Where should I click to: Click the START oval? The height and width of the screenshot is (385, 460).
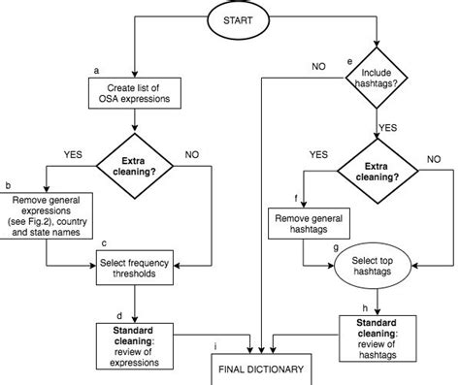[x=237, y=21]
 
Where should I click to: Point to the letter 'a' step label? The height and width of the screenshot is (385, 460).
[x=97, y=71]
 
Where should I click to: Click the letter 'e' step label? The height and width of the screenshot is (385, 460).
[x=349, y=63]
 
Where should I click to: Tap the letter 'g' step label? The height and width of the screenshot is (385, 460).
[x=335, y=248]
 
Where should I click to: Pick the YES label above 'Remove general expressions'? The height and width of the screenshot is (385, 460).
[x=72, y=153]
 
